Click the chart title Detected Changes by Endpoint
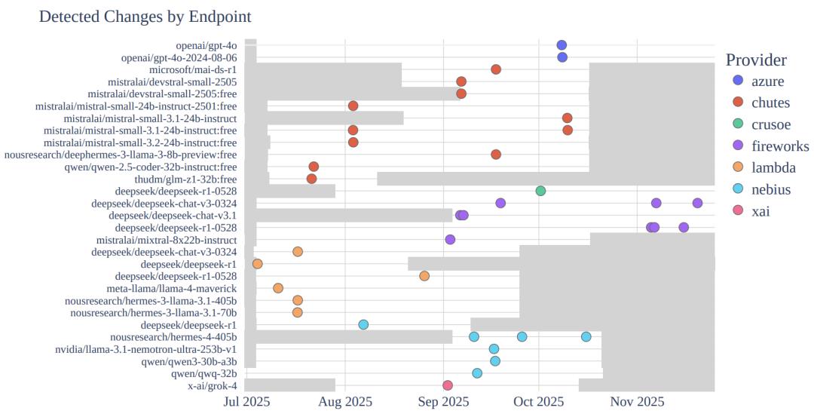(145, 16)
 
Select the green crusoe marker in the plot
(540, 191)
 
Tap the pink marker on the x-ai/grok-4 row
(448, 385)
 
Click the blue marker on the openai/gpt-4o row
(562, 45)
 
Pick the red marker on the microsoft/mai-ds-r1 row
(496, 69)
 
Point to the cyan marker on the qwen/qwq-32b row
(477, 373)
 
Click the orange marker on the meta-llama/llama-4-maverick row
(278, 288)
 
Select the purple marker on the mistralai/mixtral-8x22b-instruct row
(450, 240)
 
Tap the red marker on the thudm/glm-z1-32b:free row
(311, 179)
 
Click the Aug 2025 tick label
(345, 402)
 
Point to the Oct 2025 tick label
(540, 402)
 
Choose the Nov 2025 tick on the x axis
(638, 402)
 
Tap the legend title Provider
(756, 60)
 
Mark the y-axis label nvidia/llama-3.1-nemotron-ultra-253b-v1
(146, 349)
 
